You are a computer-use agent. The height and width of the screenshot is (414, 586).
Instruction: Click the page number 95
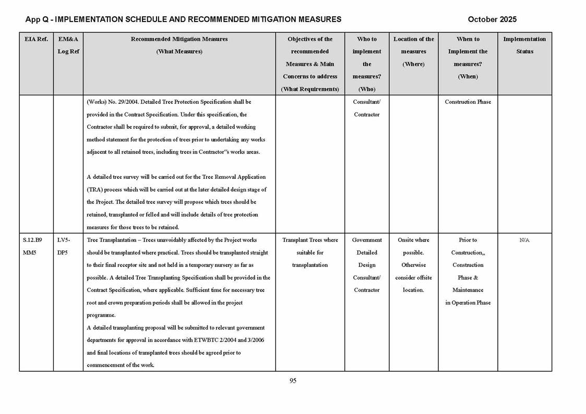point(293,381)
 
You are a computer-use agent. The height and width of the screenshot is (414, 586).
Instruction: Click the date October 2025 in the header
point(492,19)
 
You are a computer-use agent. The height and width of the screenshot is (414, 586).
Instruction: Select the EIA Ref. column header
point(36,39)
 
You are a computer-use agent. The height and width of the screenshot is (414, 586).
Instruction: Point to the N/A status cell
point(524,240)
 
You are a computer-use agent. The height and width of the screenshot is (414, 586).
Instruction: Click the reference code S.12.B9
point(32,240)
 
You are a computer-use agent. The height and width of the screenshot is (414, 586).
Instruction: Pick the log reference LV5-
point(63,240)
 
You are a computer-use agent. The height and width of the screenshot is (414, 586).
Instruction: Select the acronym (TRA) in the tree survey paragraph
point(94,190)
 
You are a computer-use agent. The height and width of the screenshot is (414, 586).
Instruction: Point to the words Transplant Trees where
point(310,240)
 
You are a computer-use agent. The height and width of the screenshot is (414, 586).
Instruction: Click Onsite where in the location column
point(413,240)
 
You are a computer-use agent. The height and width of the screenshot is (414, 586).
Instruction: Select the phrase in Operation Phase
point(468,303)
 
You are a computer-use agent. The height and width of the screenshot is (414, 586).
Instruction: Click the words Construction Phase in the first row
point(468,102)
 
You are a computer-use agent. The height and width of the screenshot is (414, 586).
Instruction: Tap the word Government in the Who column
point(367,240)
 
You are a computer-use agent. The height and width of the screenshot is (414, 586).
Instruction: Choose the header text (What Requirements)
point(310,89)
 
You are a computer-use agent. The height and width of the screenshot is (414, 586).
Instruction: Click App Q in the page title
point(37,19)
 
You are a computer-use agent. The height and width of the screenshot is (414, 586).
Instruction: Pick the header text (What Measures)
point(179,52)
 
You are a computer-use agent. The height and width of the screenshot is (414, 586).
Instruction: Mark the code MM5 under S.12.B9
point(29,253)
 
